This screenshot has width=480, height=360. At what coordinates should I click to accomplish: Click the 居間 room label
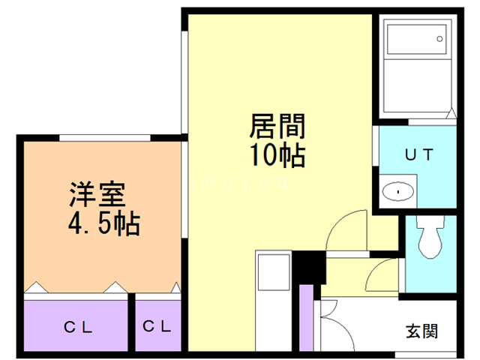(275, 124)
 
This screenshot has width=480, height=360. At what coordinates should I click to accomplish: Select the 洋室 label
(96, 193)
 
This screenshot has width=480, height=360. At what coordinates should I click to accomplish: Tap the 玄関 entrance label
(422, 331)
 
